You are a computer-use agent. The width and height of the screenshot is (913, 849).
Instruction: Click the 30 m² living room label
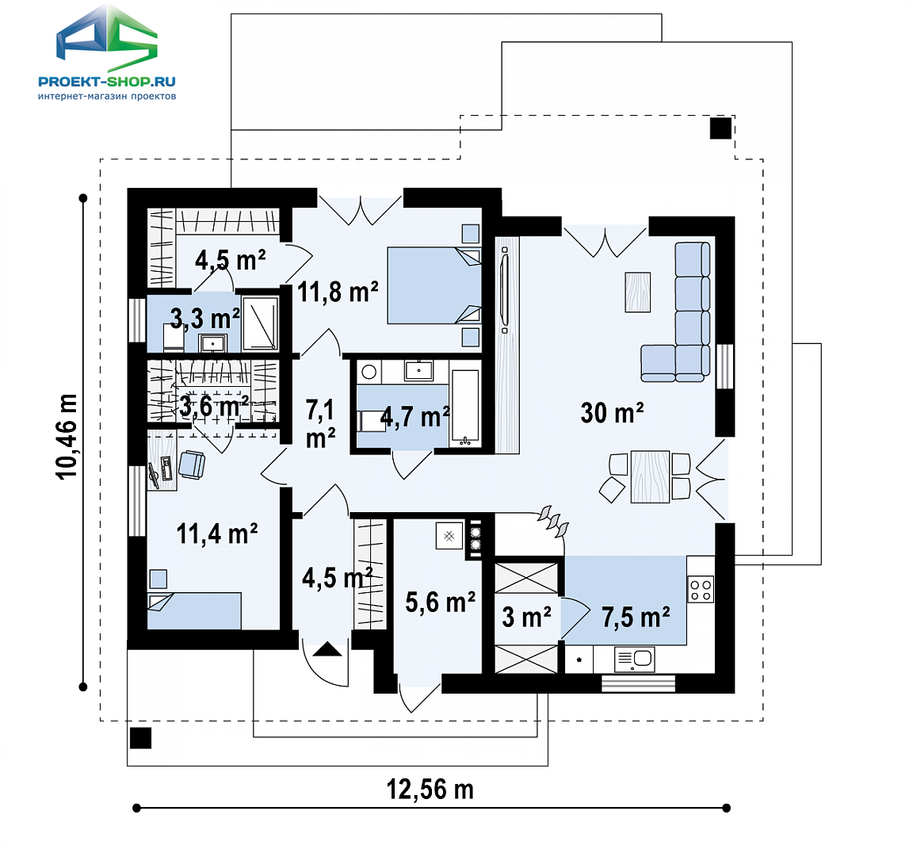click(612, 413)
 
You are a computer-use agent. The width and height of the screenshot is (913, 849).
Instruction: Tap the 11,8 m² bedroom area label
click(338, 291)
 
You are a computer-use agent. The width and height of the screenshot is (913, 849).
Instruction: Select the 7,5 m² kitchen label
click(636, 617)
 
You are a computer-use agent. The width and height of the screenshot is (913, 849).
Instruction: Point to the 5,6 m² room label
click(440, 602)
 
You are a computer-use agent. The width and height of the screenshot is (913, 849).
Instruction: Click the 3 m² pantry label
click(526, 617)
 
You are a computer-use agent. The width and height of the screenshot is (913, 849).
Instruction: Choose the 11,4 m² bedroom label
click(216, 533)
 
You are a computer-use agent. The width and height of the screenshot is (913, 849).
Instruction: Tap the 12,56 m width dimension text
click(430, 790)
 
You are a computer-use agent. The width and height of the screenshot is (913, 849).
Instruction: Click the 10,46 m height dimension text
click(67, 437)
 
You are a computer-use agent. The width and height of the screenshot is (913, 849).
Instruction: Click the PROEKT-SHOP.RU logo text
click(106, 82)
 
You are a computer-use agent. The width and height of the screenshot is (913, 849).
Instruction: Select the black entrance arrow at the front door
click(327, 648)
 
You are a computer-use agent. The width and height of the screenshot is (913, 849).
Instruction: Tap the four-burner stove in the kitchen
click(701, 589)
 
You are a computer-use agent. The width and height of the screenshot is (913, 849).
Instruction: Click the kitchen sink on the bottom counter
click(635, 660)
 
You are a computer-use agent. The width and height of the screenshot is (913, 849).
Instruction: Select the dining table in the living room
click(650, 476)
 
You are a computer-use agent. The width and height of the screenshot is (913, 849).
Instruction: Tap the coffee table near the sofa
click(637, 292)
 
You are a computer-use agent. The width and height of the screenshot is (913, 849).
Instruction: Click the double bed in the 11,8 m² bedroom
click(434, 285)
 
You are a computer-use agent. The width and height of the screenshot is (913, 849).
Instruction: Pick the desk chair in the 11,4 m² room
click(192, 465)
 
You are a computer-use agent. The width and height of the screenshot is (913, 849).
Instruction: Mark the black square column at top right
click(720, 128)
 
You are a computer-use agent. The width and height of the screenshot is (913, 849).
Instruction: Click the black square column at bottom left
click(140, 738)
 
